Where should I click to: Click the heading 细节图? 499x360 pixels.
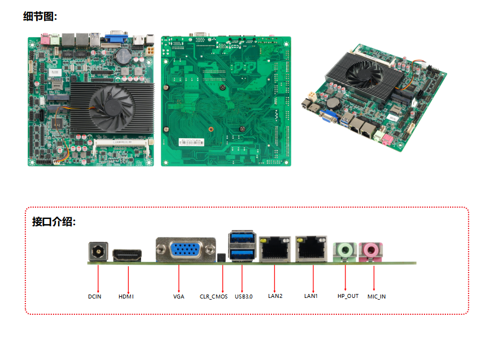pyautogui.click(x=40, y=16)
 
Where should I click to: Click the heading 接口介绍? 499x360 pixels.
pyautogui.click(x=54, y=221)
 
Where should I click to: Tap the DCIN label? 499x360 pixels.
pyautogui.click(x=95, y=296)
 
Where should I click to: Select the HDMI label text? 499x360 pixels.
pyautogui.click(x=126, y=296)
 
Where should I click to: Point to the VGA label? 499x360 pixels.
pyautogui.click(x=179, y=296)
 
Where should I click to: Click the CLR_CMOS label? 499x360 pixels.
pyautogui.click(x=214, y=296)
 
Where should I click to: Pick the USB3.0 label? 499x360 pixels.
pyautogui.click(x=244, y=296)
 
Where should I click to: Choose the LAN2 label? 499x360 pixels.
pyautogui.click(x=275, y=296)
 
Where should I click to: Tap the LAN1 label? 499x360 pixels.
pyautogui.click(x=311, y=296)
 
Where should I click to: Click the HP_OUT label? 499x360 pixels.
pyautogui.click(x=348, y=296)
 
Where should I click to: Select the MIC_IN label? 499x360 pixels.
pyautogui.click(x=377, y=296)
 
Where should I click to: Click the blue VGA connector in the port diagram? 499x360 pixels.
pyautogui.click(x=185, y=251)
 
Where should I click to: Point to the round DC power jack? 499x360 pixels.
pyautogui.click(x=98, y=252)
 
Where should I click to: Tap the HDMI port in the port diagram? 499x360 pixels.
pyautogui.click(x=128, y=256)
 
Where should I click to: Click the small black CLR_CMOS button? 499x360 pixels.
pyautogui.click(x=221, y=258)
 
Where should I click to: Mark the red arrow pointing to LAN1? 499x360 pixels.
pyautogui.click(x=313, y=276)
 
